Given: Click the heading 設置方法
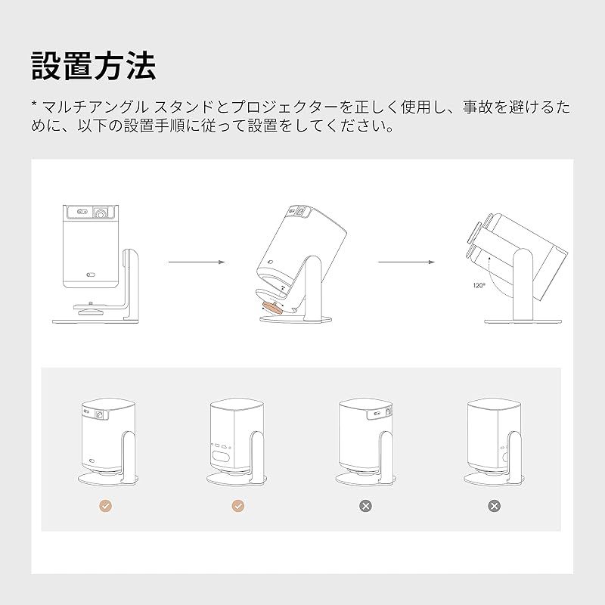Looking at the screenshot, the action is point(94,66).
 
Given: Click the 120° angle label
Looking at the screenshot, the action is point(479,286).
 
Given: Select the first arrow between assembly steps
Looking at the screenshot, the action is point(197,262).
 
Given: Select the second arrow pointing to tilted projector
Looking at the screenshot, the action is point(406,262).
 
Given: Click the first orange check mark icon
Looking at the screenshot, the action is point(105,506).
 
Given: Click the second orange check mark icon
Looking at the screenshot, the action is point(238,506).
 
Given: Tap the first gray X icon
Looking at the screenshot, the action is point(365,506).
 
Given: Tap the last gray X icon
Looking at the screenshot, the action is point(494,506).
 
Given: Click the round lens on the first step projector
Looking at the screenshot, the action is point(101,213).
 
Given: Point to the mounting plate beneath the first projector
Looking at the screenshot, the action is point(89,308).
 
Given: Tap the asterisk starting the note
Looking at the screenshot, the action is point(34,104).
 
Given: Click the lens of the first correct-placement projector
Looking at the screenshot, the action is point(99,414).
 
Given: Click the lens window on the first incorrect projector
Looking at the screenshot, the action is point(388,414).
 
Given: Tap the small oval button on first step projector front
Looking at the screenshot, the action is point(91,275).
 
